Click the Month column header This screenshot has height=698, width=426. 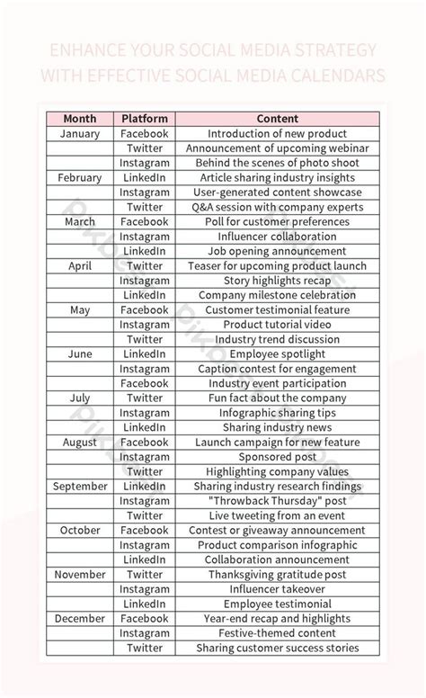point(79,119)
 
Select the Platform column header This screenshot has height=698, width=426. point(145,119)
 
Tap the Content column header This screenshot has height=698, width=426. point(277,119)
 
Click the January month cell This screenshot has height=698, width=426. point(79,134)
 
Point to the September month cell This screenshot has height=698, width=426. point(79,487)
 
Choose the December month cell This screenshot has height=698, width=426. point(79,619)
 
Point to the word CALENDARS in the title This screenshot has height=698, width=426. point(340,76)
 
